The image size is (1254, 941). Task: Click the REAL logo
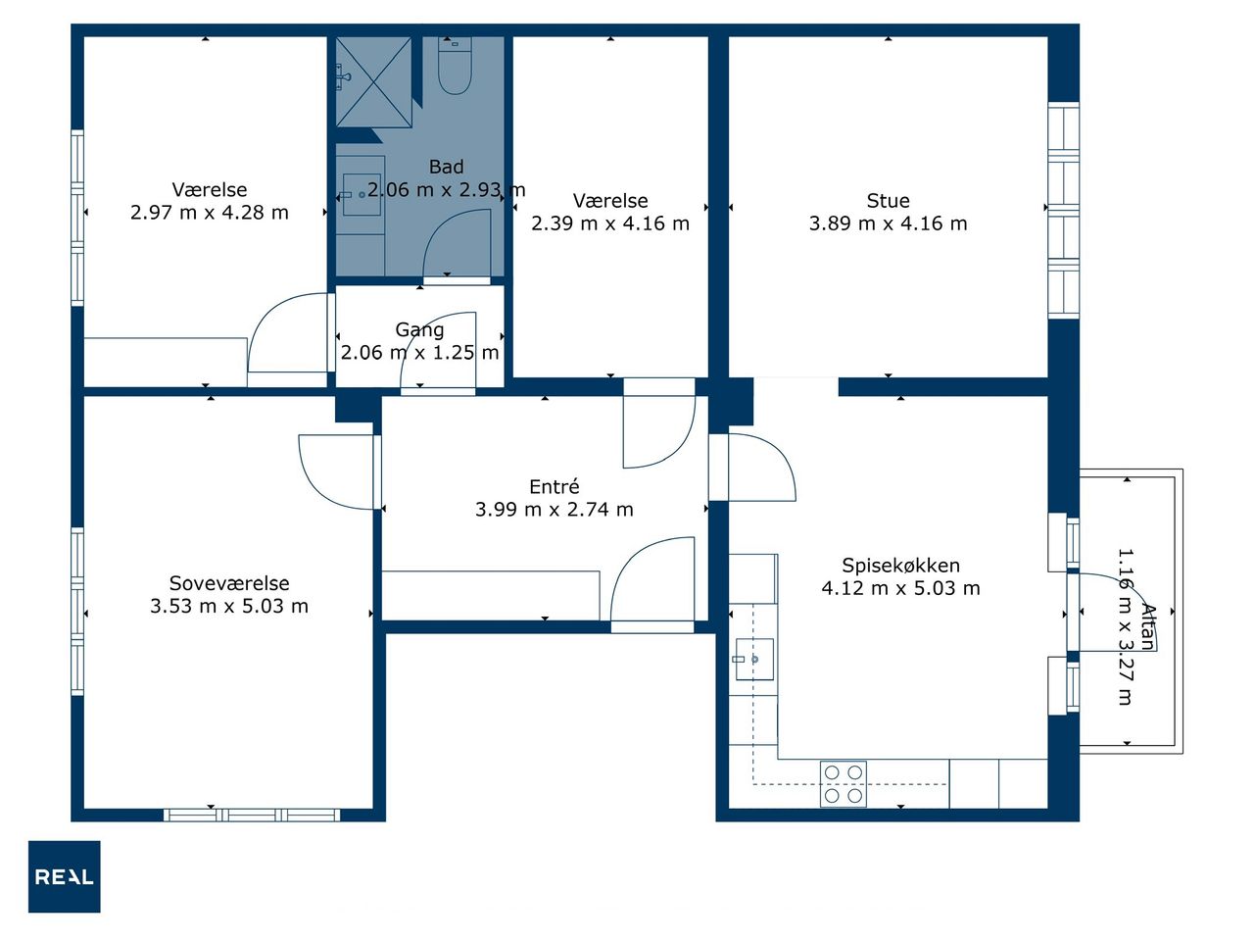point(65,876)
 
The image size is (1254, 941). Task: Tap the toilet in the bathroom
point(455,65)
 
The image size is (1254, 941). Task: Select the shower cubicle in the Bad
point(373,82)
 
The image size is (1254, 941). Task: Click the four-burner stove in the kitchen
point(844,784)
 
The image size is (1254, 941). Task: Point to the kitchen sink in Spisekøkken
point(754,660)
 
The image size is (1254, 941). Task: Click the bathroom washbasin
point(362,195)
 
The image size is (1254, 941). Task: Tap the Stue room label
point(889,201)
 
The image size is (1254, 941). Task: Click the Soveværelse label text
point(229,583)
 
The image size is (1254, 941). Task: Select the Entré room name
point(555,487)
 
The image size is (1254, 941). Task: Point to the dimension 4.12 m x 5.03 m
point(901,588)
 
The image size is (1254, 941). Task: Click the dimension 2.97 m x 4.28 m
point(209,213)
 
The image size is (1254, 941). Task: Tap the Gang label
point(419,330)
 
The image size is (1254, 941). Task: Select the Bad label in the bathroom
point(446,167)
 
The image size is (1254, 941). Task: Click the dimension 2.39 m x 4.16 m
point(610,223)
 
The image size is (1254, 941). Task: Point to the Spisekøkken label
point(901,566)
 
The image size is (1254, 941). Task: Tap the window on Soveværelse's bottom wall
point(252,815)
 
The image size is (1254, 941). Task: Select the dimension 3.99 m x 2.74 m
point(555,509)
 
